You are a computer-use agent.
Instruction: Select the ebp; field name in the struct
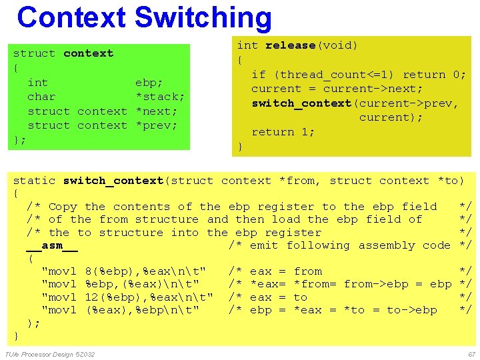click(149, 83)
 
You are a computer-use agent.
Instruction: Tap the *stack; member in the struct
click(159, 97)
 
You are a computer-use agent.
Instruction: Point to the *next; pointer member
click(156, 111)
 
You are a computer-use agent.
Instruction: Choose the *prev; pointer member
click(156, 125)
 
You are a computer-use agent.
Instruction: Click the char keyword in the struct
click(41, 97)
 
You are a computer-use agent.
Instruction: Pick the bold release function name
click(291, 45)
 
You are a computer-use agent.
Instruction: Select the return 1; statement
click(283, 132)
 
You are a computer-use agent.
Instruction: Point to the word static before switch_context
click(35, 181)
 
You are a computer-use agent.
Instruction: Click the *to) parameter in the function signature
click(451, 181)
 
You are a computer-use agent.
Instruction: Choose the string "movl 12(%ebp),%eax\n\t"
click(127, 297)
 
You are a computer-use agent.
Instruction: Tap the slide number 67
click(471, 354)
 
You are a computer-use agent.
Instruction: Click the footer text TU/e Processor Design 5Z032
click(49, 354)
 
